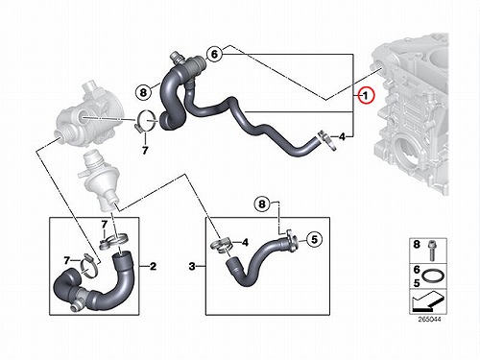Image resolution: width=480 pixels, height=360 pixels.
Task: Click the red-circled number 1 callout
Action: coord(366,95)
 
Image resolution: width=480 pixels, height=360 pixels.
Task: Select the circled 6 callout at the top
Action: coord(214,54)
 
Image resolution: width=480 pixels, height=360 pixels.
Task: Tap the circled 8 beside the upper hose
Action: coord(143,92)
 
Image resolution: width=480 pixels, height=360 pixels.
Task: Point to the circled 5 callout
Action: coord(315,239)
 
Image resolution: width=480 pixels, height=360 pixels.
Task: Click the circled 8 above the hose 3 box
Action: coord(262,204)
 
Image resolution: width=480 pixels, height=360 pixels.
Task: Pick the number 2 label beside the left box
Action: coord(153,266)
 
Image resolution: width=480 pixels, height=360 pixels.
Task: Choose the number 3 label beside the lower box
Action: coord(192,266)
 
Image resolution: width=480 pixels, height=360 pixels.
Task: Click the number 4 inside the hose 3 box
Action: coord(245,243)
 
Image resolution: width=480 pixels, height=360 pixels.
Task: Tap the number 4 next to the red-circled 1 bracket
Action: coord(343,137)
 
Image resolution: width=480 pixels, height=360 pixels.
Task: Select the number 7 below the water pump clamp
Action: coord(145,150)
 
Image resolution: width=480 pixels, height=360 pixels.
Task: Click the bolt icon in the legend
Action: coord(430,251)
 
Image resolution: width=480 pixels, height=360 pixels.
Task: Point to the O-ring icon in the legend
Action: coord(433,276)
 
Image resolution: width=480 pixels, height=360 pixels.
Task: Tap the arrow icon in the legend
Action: coord(427,301)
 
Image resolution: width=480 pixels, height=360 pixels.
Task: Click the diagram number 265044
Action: coord(429,320)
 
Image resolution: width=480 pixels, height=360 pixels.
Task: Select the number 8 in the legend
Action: coord(417,245)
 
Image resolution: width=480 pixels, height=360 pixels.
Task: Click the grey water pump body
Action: coord(85,116)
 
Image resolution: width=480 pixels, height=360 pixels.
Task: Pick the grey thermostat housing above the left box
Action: coord(98,180)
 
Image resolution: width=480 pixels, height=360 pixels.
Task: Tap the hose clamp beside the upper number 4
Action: coord(326,140)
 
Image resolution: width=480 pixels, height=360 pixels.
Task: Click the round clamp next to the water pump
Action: coord(146,121)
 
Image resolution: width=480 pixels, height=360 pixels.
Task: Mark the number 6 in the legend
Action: coord(417,270)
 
